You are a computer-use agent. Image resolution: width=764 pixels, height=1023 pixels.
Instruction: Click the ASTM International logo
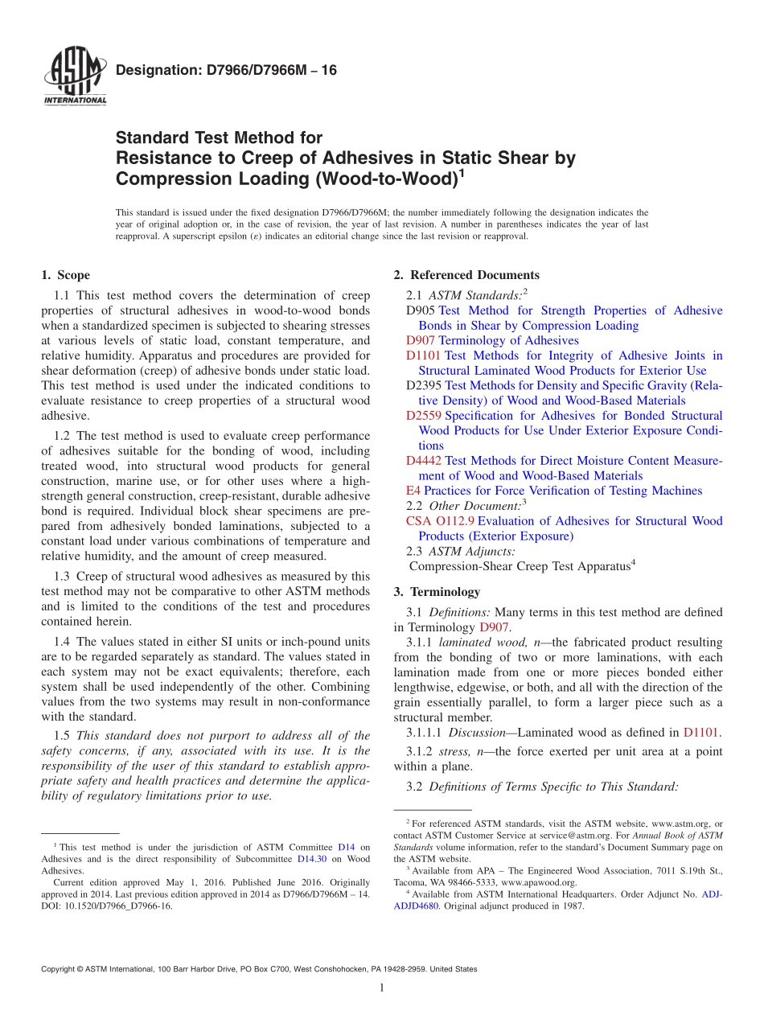pos(74,77)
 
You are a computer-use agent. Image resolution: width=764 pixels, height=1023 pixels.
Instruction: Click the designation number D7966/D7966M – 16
pos(226,71)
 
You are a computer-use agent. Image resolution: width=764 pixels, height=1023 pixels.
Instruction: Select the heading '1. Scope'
pos(65,275)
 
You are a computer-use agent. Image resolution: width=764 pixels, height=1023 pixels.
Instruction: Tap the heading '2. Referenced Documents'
pos(466,275)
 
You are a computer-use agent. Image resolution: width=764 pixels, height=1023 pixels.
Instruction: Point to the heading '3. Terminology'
pos(437,592)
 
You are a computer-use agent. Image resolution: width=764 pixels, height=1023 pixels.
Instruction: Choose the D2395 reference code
pos(424,385)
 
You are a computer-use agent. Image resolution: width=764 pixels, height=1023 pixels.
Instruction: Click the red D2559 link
pos(424,416)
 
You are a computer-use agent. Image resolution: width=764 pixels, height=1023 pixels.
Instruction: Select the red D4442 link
pos(424,461)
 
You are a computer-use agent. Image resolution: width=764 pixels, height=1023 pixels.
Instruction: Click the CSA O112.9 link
pos(440,521)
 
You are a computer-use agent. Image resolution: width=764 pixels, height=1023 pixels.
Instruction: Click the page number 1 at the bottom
pos(382,988)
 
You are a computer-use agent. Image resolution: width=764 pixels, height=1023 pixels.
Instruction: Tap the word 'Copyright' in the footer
pos(60,969)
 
